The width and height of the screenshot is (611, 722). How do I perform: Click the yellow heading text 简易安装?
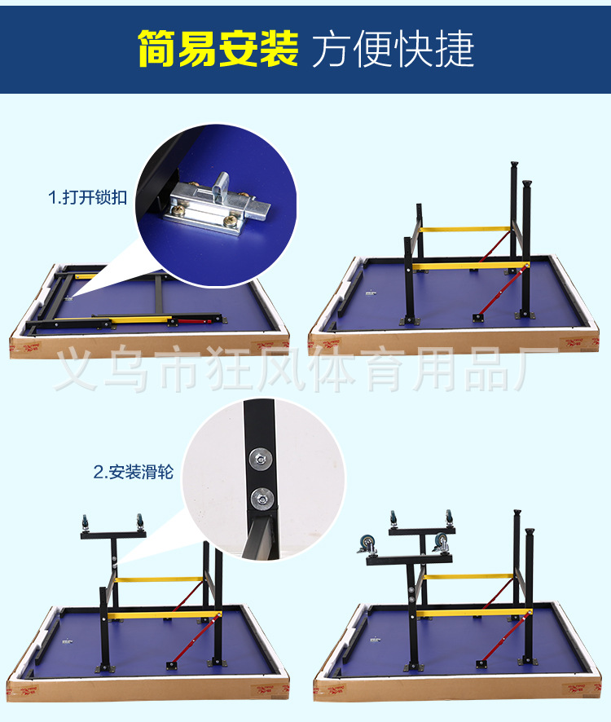tap(218, 49)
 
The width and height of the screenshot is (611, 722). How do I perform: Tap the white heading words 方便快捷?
tap(393, 49)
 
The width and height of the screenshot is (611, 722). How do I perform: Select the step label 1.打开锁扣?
tap(87, 198)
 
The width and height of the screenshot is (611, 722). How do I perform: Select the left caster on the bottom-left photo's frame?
tap(84, 521)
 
